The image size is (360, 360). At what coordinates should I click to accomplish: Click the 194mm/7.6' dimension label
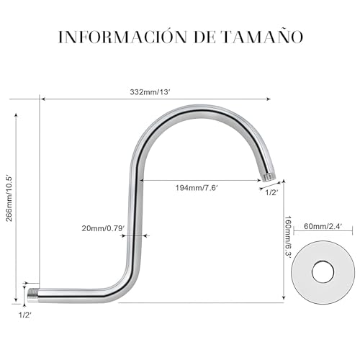pyautogui.click(x=197, y=188)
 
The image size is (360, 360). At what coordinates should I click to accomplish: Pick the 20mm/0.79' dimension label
pyautogui.click(x=103, y=228)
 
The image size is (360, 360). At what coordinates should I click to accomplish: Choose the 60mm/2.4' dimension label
pyautogui.click(x=318, y=226)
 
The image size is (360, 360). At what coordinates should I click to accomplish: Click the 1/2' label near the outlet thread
pyautogui.click(x=271, y=193)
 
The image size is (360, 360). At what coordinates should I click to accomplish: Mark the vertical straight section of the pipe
pyautogui.click(x=136, y=216)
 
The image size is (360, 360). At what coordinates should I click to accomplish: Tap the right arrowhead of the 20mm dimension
pyautogui.click(x=145, y=235)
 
